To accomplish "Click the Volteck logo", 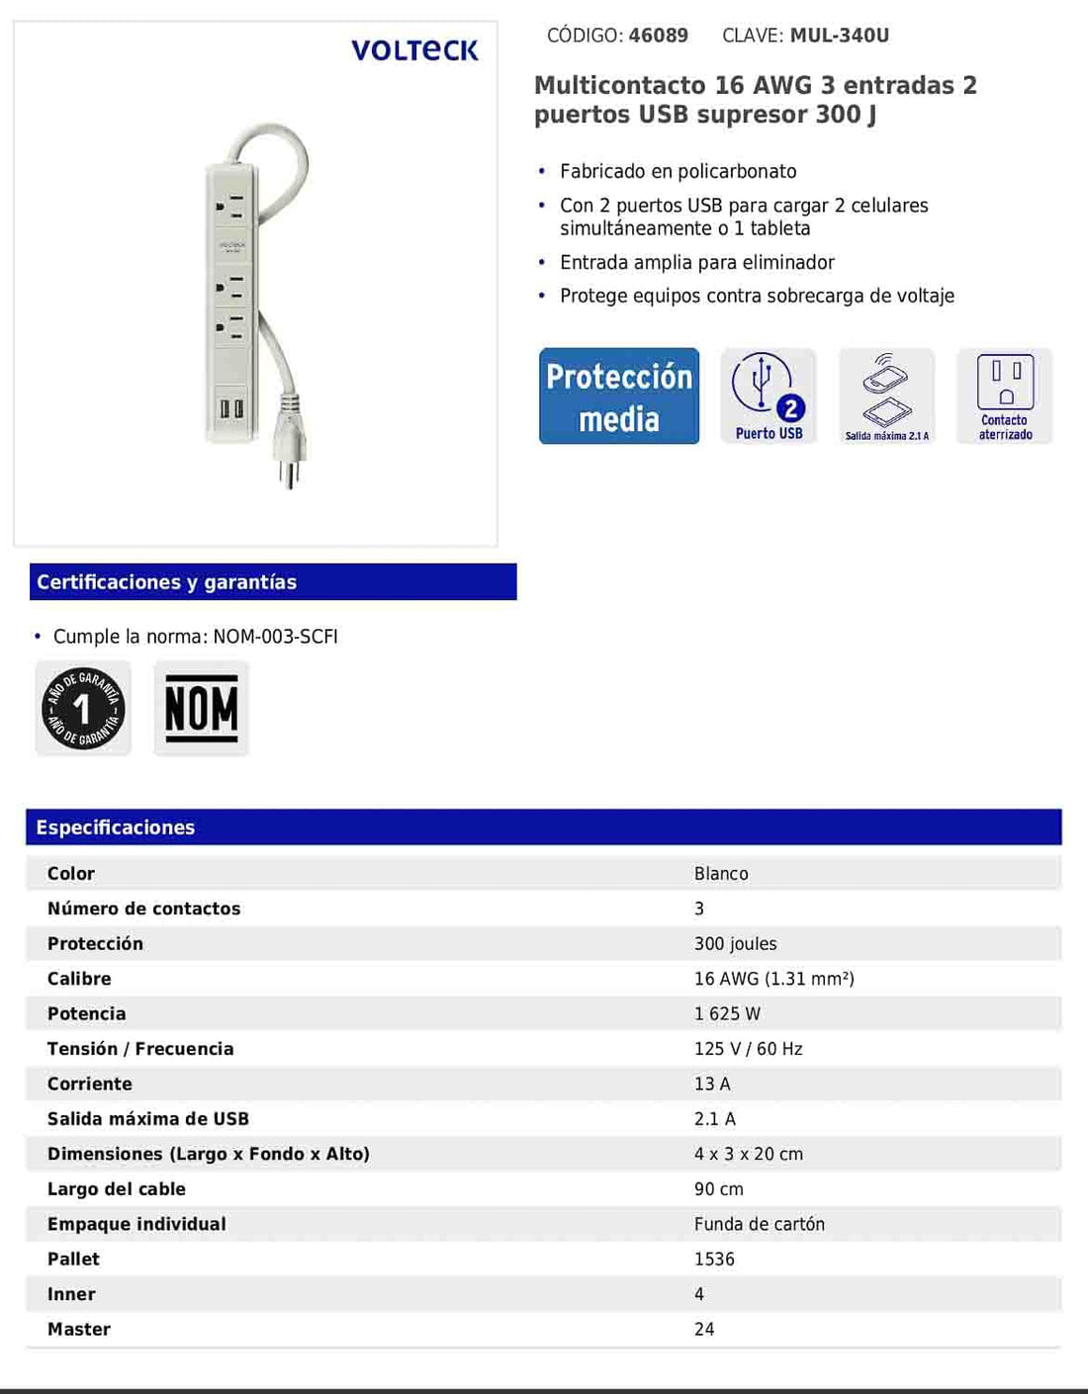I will tap(414, 50).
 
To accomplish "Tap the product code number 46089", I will tap(658, 36).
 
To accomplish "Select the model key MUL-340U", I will tap(839, 36).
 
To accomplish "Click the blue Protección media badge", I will tap(619, 396).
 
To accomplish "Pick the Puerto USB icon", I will tap(769, 396).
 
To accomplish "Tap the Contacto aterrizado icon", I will tap(1005, 396).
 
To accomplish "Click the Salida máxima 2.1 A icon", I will tap(886, 396).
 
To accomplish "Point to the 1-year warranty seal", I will tap(83, 708).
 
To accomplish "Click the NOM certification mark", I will tap(201, 708).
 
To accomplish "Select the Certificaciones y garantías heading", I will tap(167, 582).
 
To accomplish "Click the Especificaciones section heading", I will tap(116, 828).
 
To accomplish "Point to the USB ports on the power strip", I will tap(231, 407).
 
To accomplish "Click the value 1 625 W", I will tap(727, 1014).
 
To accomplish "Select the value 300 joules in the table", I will tap(735, 944).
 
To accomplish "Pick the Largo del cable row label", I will tap(117, 1189).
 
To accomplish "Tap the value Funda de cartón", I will tap(759, 1224).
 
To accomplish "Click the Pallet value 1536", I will tap(714, 1260).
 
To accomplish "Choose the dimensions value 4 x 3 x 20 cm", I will tap(748, 1155).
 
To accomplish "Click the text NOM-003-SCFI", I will tap(275, 637).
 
